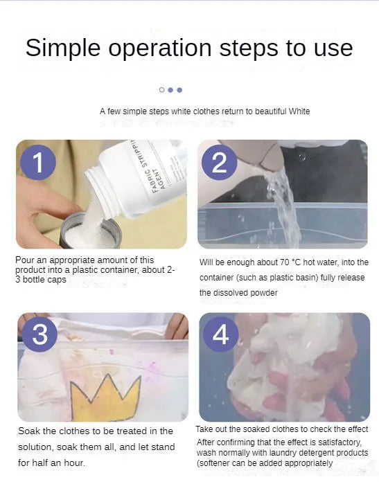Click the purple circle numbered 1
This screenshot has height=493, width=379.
[x=38, y=163]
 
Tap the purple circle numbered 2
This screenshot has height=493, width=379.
[x=220, y=164]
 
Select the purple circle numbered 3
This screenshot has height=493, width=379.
[x=39, y=334]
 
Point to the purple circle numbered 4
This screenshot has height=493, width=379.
[x=220, y=335]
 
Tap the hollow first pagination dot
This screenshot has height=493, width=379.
[x=162, y=89]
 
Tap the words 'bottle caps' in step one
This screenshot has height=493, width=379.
[x=45, y=280]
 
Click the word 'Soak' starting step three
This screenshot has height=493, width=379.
[x=29, y=431]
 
